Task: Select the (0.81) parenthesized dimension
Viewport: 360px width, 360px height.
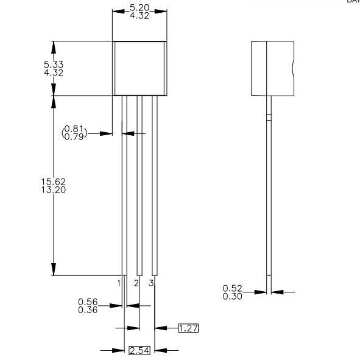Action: tap(75, 129)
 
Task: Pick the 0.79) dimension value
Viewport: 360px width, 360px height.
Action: tap(75, 136)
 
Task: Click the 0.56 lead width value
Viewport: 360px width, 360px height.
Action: tap(88, 302)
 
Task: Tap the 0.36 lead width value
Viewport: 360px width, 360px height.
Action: tap(88, 309)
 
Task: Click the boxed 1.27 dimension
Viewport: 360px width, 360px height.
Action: tap(189, 328)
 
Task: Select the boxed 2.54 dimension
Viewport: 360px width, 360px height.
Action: tap(139, 350)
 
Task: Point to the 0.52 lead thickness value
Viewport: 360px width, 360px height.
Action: tap(233, 288)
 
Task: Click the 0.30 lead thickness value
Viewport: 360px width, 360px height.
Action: tap(233, 296)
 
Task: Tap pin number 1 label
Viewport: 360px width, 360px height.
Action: tap(119, 283)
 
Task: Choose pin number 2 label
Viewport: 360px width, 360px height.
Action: tap(136, 283)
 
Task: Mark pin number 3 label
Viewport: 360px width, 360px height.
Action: tap(150, 283)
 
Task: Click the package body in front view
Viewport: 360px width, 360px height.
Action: tap(140, 68)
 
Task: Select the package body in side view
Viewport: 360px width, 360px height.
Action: tap(274, 68)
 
